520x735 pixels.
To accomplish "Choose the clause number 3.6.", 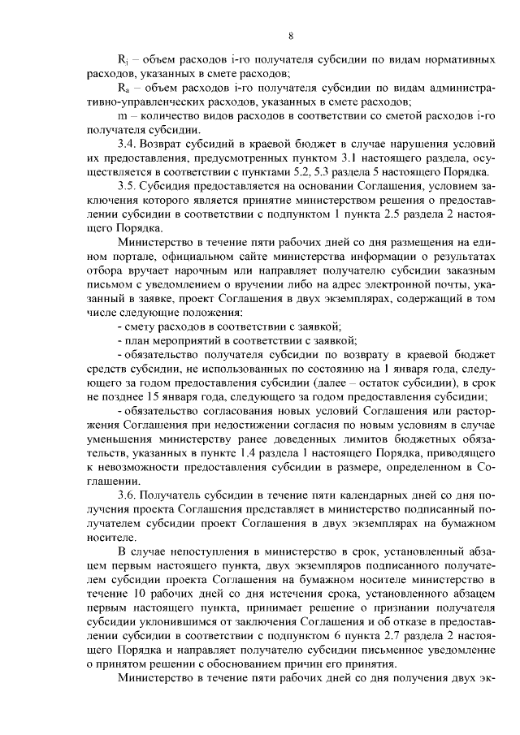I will pyautogui.click(x=128, y=495).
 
